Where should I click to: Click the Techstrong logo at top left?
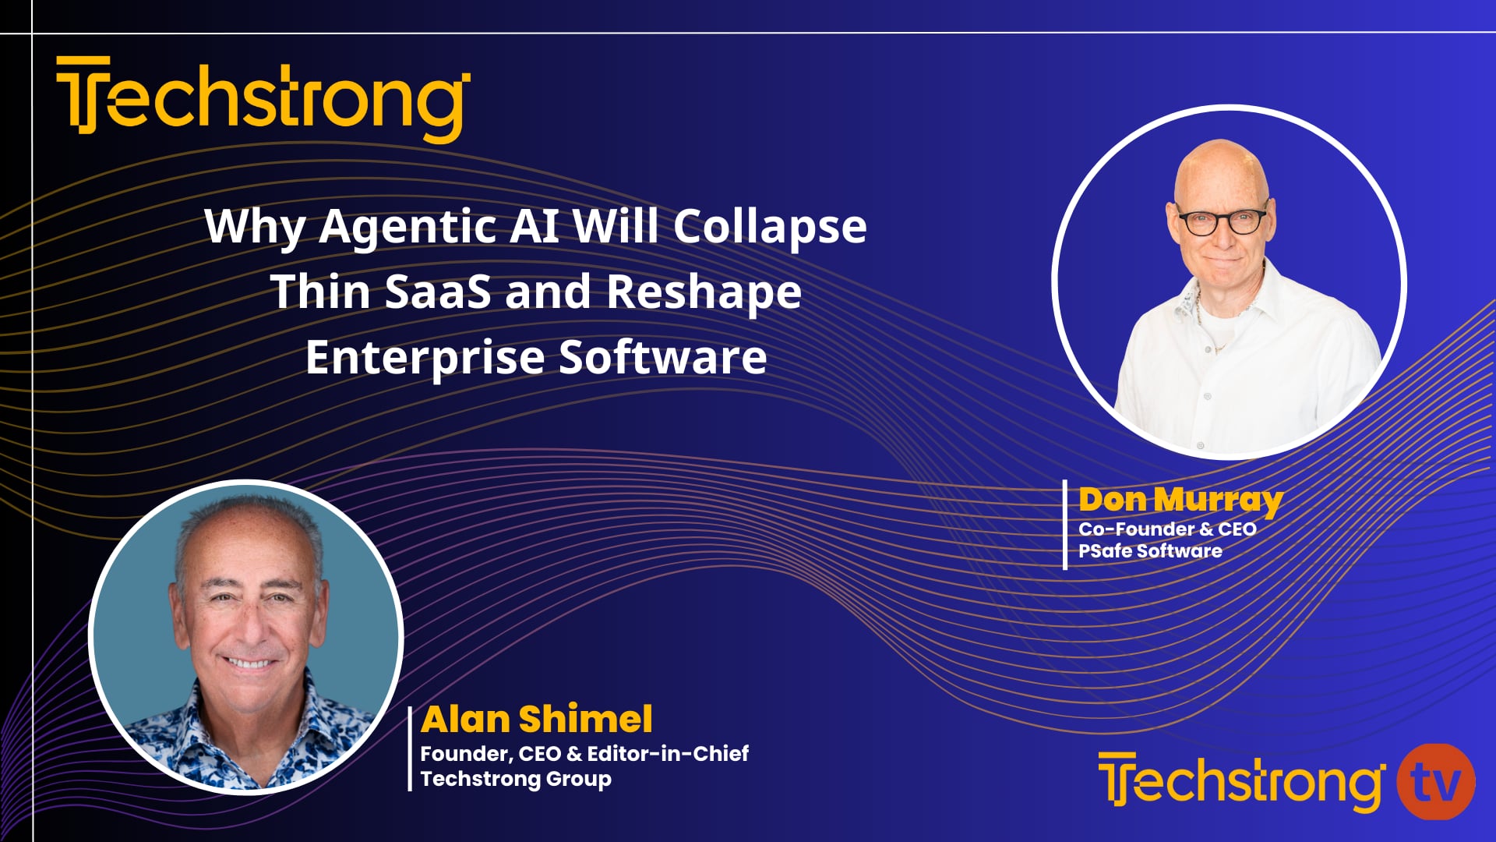263,100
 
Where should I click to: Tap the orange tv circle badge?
1435,782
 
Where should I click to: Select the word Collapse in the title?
769,227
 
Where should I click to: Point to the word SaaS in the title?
438,292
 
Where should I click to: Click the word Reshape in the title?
704,292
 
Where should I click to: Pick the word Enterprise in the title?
425,358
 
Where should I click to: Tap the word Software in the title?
663,358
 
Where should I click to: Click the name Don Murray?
1180,500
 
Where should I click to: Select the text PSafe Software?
1150,551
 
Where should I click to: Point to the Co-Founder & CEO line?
1167,529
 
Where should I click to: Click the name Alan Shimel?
536,720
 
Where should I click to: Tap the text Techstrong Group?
516,779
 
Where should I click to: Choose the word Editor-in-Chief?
668,754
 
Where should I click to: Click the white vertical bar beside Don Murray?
1065,525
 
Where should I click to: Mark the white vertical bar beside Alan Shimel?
410,748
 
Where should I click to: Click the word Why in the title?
254,227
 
